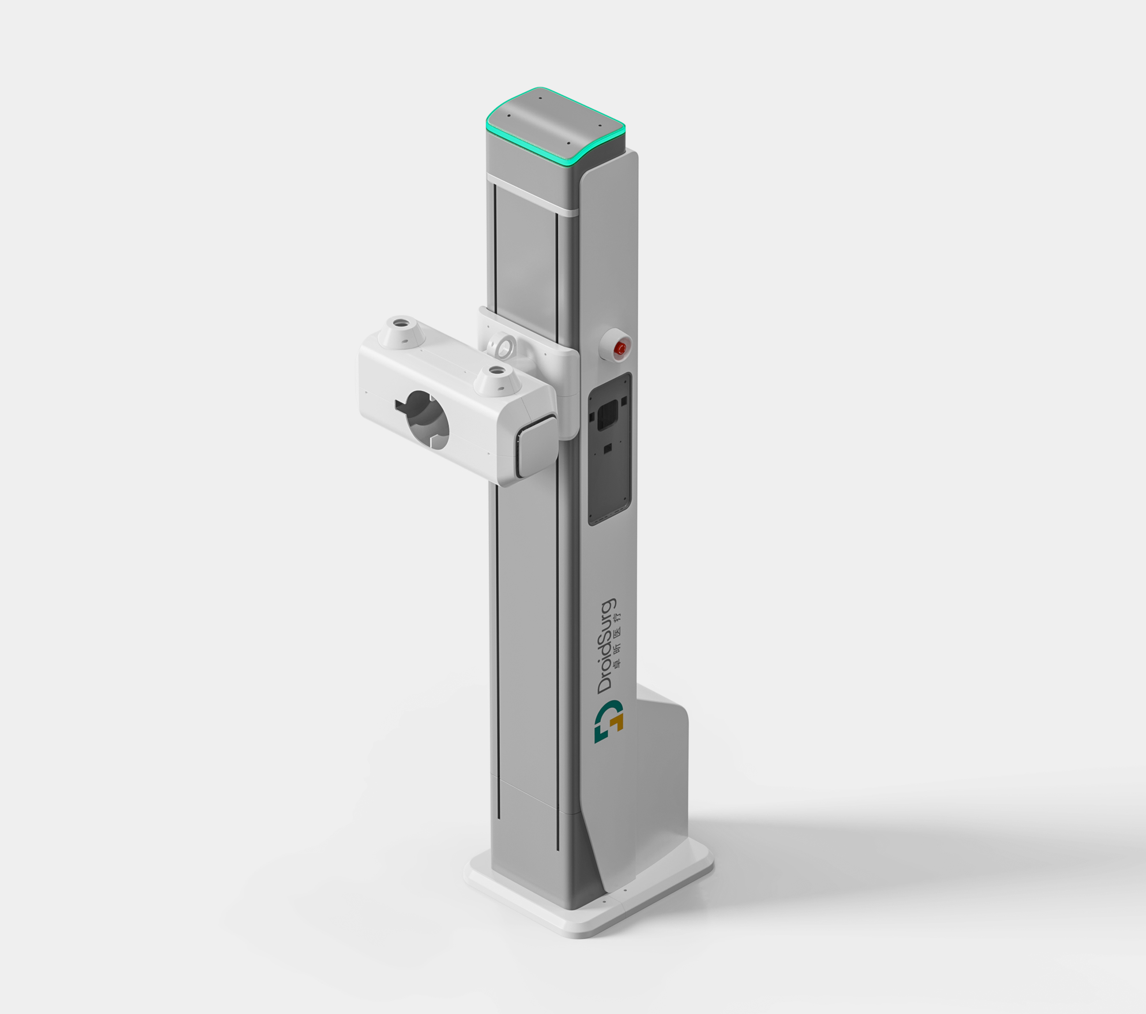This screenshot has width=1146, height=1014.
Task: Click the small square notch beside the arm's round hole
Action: (399, 405)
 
